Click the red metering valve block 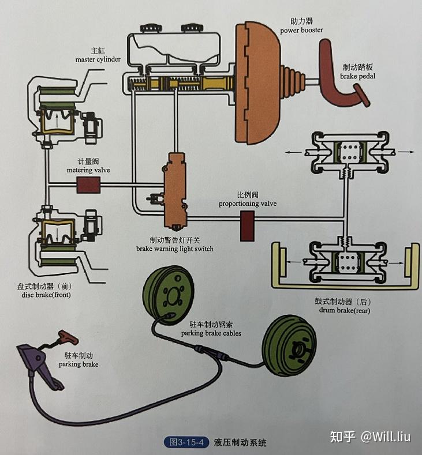pyautogui.click(x=88, y=185)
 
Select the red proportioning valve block pyautogui.click(x=247, y=225)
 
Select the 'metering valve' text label pyautogui.click(x=88, y=170)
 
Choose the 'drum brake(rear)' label pyautogui.click(x=344, y=310)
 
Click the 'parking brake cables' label pyautogui.click(x=211, y=333)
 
